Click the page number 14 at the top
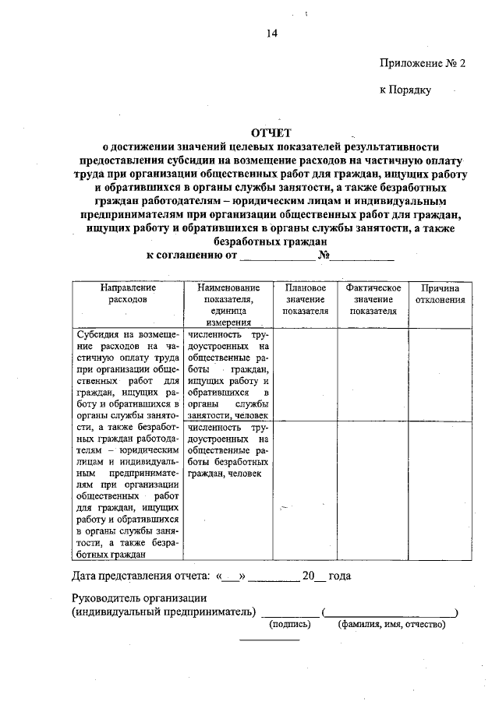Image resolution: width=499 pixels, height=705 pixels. click(272, 33)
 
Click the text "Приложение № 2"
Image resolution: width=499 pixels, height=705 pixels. click(422, 64)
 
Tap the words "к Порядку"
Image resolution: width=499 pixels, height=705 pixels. click(405, 90)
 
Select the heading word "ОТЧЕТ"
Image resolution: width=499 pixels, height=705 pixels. click(271, 133)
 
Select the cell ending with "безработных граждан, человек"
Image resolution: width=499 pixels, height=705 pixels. click(228, 450)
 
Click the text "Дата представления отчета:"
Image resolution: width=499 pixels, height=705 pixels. click(141, 576)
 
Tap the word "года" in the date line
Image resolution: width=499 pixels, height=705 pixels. click(339, 576)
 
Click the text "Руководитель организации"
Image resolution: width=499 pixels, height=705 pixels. click(139, 598)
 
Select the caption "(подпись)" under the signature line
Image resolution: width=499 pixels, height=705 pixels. click(290, 624)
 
